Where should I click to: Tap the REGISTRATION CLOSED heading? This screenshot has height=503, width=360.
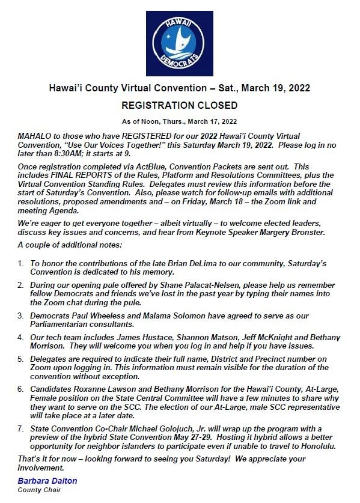click(x=179, y=105)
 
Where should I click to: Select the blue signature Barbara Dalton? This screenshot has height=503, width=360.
click(x=47, y=480)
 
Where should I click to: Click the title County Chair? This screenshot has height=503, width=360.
click(x=39, y=489)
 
